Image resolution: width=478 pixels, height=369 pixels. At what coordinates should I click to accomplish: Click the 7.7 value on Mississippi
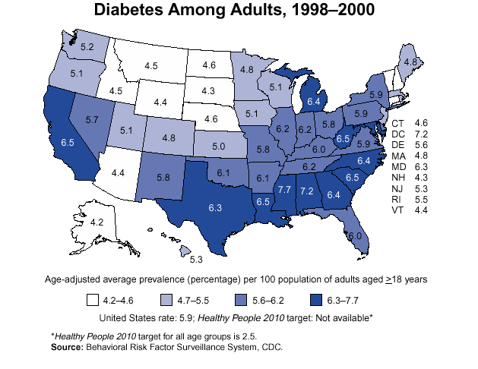[x=285, y=188]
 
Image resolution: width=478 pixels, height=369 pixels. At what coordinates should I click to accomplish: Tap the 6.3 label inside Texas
[x=215, y=206]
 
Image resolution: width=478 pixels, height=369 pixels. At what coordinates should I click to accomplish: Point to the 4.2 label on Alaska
[x=97, y=222]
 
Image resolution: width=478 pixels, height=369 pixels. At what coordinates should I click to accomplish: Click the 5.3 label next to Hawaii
[x=195, y=260]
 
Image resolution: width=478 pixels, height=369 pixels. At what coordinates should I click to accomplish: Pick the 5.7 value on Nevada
[x=92, y=120]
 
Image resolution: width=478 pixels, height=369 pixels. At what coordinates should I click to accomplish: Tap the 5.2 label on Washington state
[x=87, y=47]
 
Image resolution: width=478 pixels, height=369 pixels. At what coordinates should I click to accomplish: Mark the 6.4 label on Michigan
[x=313, y=100]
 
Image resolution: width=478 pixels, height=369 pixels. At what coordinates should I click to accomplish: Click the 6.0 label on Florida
[x=354, y=236]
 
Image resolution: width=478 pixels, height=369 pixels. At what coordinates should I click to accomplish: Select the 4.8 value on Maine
[x=410, y=61]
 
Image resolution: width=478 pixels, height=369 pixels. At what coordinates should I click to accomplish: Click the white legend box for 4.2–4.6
[x=95, y=299]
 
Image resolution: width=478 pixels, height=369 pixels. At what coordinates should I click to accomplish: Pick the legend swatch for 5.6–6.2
[x=245, y=299]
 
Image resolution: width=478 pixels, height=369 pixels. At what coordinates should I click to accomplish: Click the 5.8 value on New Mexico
[x=163, y=177]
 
